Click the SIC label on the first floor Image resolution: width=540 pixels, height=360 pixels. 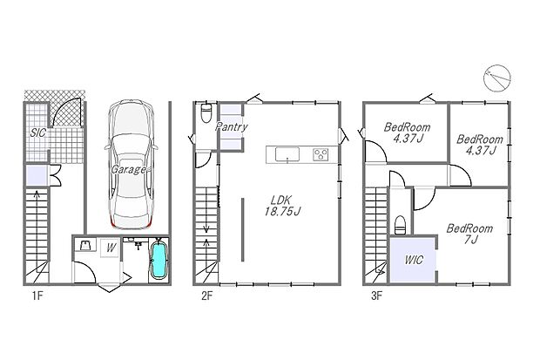[37, 133]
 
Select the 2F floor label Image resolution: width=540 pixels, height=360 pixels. [206, 295]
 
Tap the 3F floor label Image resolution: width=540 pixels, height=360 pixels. [375, 295]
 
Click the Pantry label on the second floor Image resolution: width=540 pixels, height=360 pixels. [231, 127]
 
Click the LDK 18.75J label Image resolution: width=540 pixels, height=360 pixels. [282, 204]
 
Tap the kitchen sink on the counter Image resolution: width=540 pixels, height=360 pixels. [287, 155]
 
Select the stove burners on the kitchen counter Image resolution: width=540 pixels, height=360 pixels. [319, 155]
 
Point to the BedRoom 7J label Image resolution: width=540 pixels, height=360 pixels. [469, 234]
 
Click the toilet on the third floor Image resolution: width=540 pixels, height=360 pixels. [400, 224]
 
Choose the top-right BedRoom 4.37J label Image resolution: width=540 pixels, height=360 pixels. [479, 144]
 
